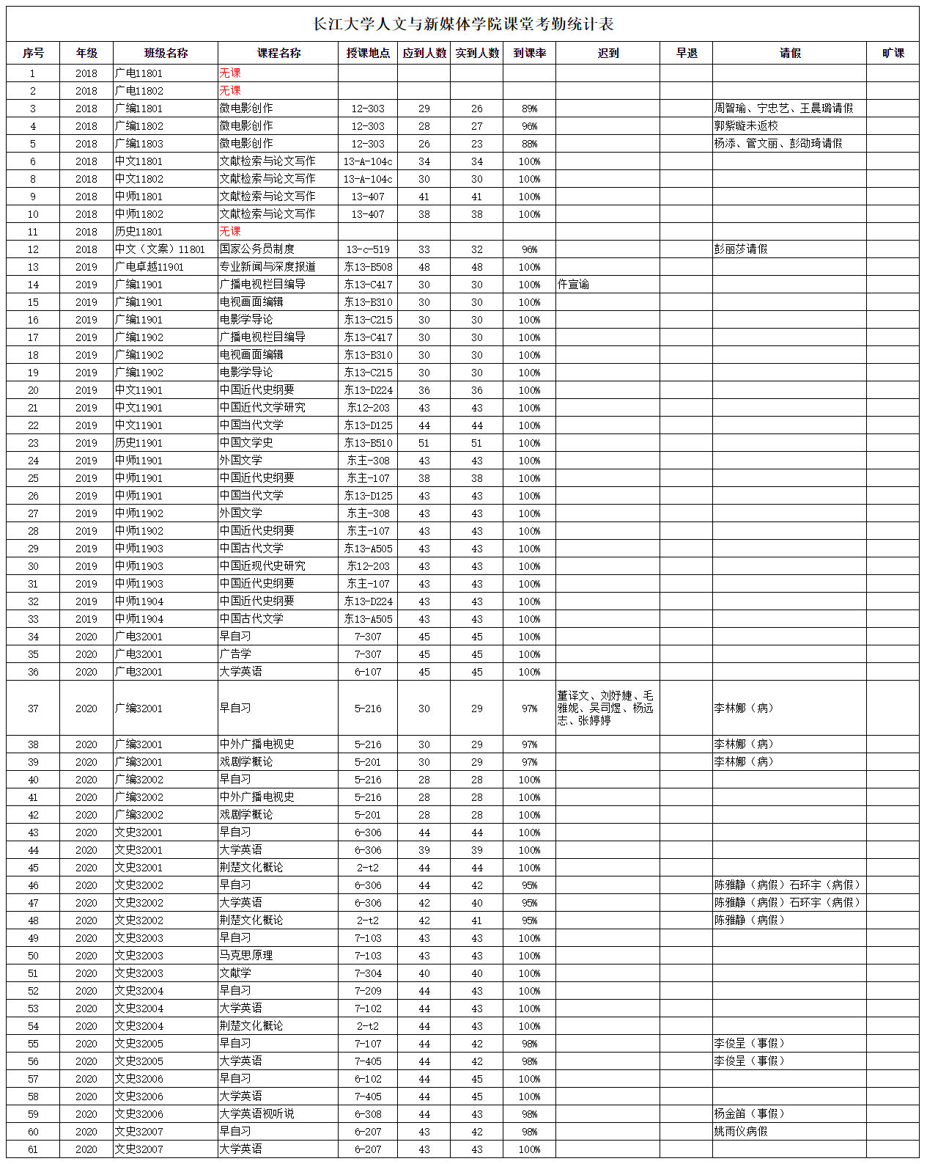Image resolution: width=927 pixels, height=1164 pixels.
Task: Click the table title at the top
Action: click(x=463, y=24)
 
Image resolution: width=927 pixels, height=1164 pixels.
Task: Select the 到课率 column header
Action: click(x=529, y=53)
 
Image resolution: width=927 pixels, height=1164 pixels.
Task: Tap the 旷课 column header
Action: click(x=893, y=53)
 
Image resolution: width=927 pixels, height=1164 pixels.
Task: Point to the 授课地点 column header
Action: click(x=368, y=53)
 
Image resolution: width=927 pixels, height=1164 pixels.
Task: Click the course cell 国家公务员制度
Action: click(x=257, y=249)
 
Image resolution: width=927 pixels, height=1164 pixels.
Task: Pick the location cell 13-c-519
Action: click(x=368, y=249)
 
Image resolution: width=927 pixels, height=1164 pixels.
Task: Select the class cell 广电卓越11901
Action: click(x=149, y=267)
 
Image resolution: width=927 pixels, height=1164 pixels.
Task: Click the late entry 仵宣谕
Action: click(x=573, y=285)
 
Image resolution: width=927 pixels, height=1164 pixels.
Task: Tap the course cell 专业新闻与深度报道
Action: click(x=267, y=267)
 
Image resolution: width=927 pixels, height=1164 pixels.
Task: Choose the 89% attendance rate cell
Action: click(x=529, y=109)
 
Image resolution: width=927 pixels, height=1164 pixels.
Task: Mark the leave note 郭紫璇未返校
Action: click(x=746, y=126)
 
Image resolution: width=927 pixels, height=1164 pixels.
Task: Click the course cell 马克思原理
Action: click(x=246, y=956)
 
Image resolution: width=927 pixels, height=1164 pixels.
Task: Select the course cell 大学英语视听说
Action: click(x=257, y=1114)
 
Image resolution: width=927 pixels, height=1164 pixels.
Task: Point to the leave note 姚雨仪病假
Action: click(x=741, y=1132)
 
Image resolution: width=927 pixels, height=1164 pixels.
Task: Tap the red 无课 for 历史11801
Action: click(x=230, y=232)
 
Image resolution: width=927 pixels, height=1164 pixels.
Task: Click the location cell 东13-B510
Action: click(x=368, y=443)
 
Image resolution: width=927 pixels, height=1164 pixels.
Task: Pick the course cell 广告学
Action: click(x=235, y=654)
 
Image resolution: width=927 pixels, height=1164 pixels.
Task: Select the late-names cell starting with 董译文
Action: click(x=605, y=708)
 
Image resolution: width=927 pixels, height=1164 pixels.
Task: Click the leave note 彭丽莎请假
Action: click(x=741, y=249)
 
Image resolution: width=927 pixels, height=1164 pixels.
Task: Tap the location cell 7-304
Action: click(x=368, y=973)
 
